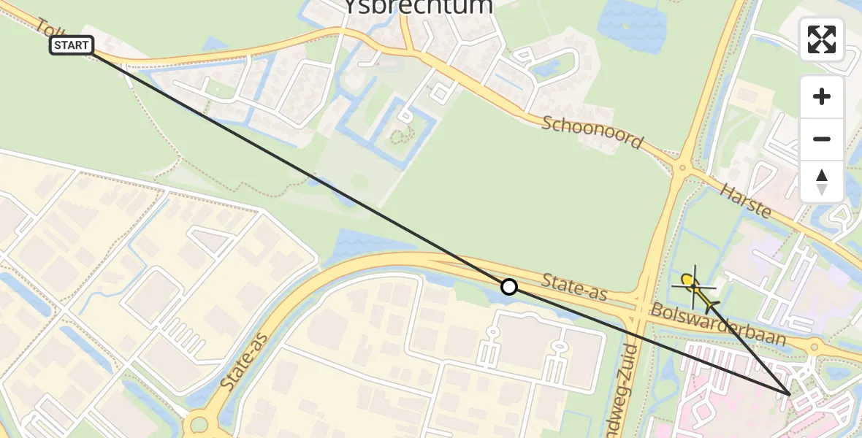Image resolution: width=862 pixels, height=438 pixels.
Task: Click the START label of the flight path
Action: coord(72,45)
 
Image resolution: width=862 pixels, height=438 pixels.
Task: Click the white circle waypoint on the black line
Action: coord(509,287)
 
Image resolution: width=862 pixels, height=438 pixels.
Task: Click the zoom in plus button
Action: coord(822,96)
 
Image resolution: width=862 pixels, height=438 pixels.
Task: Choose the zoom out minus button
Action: coord(822,139)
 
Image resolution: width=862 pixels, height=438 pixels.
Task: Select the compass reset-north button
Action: coord(822,182)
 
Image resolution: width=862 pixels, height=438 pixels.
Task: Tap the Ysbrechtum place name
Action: coord(418,7)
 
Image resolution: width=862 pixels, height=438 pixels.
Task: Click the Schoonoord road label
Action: coord(592,131)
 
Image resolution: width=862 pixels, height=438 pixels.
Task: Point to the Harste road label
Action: coord(746,200)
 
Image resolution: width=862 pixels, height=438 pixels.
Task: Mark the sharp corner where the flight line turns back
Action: coord(790,394)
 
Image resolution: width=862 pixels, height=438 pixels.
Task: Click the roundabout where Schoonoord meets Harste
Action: coord(681,169)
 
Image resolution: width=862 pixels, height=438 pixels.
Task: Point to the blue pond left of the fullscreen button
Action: coord(632,26)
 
